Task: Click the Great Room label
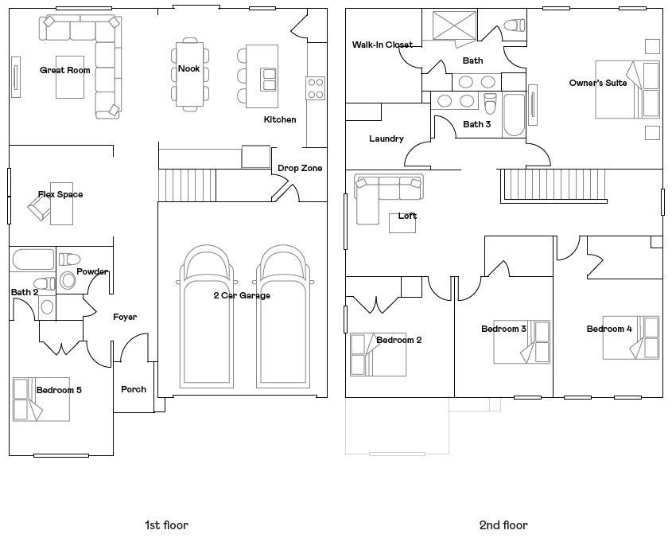(x=64, y=70)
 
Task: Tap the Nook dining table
(x=189, y=74)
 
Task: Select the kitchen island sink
(x=269, y=80)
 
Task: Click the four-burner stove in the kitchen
(x=316, y=88)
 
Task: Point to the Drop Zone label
(x=300, y=168)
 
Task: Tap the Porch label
(x=134, y=389)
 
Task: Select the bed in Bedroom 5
(x=41, y=400)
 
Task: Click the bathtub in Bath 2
(x=33, y=259)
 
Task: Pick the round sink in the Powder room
(x=68, y=280)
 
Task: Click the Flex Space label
(x=60, y=194)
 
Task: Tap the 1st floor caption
(x=166, y=524)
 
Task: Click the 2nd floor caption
(x=503, y=524)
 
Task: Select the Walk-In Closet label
(x=383, y=45)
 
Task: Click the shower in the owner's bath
(x=454, y=25)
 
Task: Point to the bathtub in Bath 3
(x=514, y=115)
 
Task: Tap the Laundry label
(x=386, y=138)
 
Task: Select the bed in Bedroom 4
(x=631, y=337)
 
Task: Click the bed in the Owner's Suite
(x=627, y=89)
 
